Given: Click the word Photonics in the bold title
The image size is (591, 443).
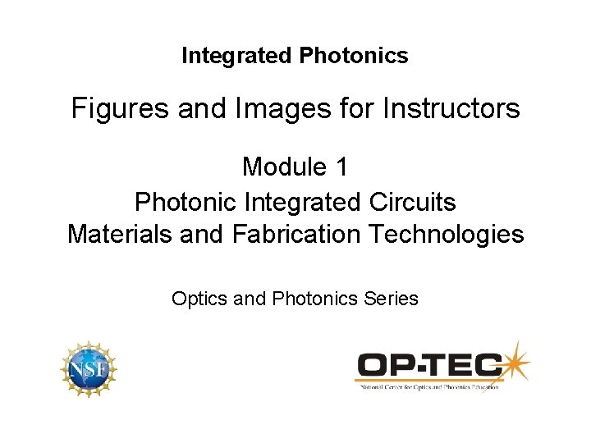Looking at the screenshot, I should pos(354,56).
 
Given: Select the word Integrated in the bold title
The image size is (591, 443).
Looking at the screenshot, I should pos(238,56).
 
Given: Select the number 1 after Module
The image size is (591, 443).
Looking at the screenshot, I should pos(341,167).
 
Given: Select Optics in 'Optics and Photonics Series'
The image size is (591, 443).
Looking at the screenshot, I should pos(199,299).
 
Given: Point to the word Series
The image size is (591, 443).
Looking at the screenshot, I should pos(392,299).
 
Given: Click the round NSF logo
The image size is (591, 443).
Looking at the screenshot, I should pos(89,370).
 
